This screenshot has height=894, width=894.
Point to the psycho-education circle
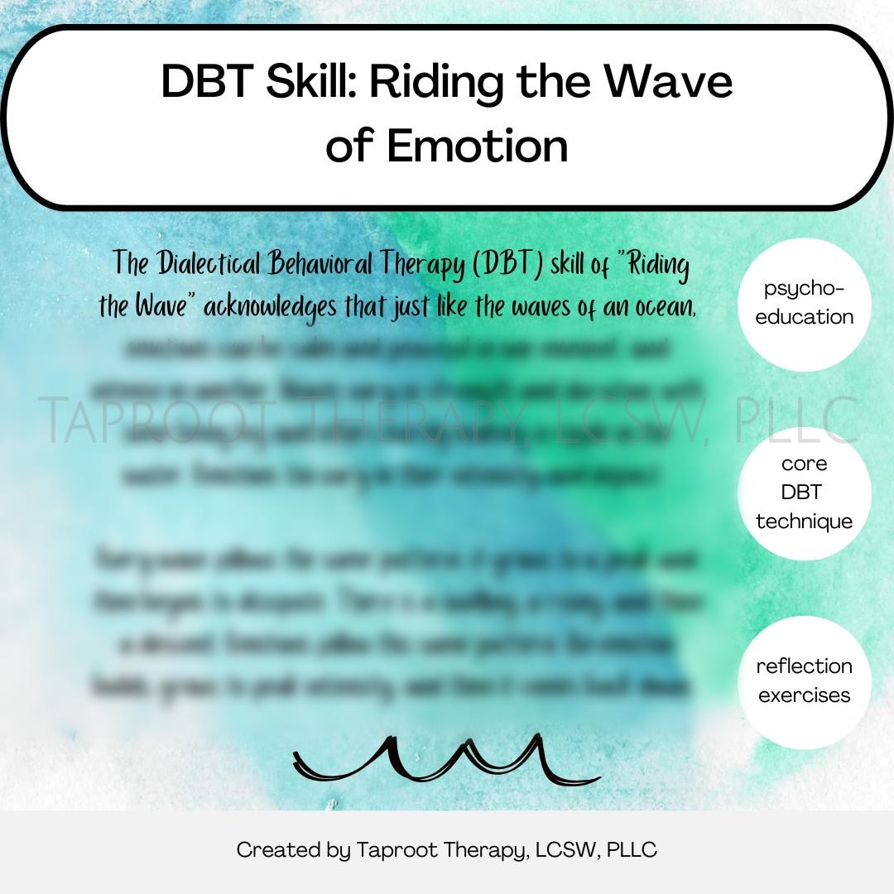805,303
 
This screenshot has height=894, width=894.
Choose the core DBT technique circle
805,492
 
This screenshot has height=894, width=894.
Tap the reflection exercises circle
805,680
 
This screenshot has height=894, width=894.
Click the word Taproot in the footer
394,850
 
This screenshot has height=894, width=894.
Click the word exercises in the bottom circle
805,695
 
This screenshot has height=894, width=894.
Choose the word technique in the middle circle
805,521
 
